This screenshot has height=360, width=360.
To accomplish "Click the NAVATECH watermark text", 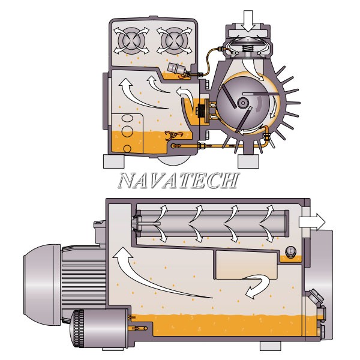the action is pyautogui.click(x=179, y=181).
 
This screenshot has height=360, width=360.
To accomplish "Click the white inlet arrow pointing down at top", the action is pyautogui.click(x=248, y=21).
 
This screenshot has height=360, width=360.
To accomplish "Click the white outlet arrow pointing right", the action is pyautogui.click(x=312, y=222).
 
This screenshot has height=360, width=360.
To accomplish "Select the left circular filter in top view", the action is pyautogui.click(x=131, y=41).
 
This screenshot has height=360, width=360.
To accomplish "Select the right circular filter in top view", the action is pyautogui.click(x=175, y=41).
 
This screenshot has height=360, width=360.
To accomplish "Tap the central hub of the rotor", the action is pyautogui.click(x=242, y=103).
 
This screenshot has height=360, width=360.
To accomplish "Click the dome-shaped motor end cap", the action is pyautogui.click(x=42, y=284).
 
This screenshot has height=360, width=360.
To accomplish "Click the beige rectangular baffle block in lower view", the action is pyautogui.click(x=247, y=265).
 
